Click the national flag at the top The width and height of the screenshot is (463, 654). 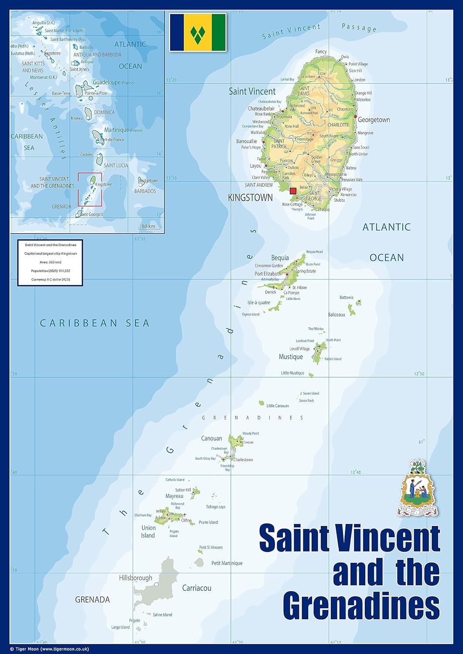[198, 32]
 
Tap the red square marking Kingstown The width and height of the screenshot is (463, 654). [293, 191]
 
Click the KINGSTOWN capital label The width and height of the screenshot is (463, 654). [250, 198]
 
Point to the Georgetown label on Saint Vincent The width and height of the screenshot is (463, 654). [374, 120]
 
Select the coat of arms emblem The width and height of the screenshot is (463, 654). [417, 488]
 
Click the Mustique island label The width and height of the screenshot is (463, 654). [291, 357]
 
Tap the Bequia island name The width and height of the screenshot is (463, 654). [280, 258]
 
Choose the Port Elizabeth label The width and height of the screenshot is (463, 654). [268, 274]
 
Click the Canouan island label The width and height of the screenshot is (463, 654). [211, 438]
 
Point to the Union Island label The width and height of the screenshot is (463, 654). [148, 531]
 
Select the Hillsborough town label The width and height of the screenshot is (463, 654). [136, 578]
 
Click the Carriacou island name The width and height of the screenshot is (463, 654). [196, 588]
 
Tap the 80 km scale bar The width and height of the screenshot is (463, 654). [148, 227]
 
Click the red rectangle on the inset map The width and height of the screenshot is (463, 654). [90, 189]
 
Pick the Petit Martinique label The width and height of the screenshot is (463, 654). [226, 563]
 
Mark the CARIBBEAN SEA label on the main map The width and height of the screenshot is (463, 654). [95, 323]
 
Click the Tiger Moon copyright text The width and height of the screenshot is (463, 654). [49, 649]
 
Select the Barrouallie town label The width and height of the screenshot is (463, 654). [247, 141]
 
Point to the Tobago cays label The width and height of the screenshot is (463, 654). [216, 507]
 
